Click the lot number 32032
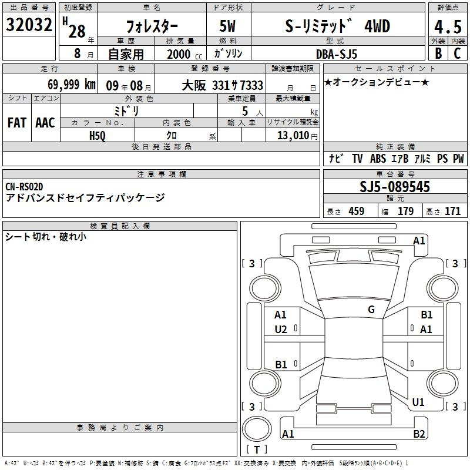(29, 25)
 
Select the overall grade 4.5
(448, 26)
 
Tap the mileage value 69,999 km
(72, 85)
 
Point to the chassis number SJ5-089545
(395, 186)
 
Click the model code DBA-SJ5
(337, 54)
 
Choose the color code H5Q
(98, 136)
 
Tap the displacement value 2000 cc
(184, 54)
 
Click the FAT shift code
(17, 123)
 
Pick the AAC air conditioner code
(45, 123)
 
